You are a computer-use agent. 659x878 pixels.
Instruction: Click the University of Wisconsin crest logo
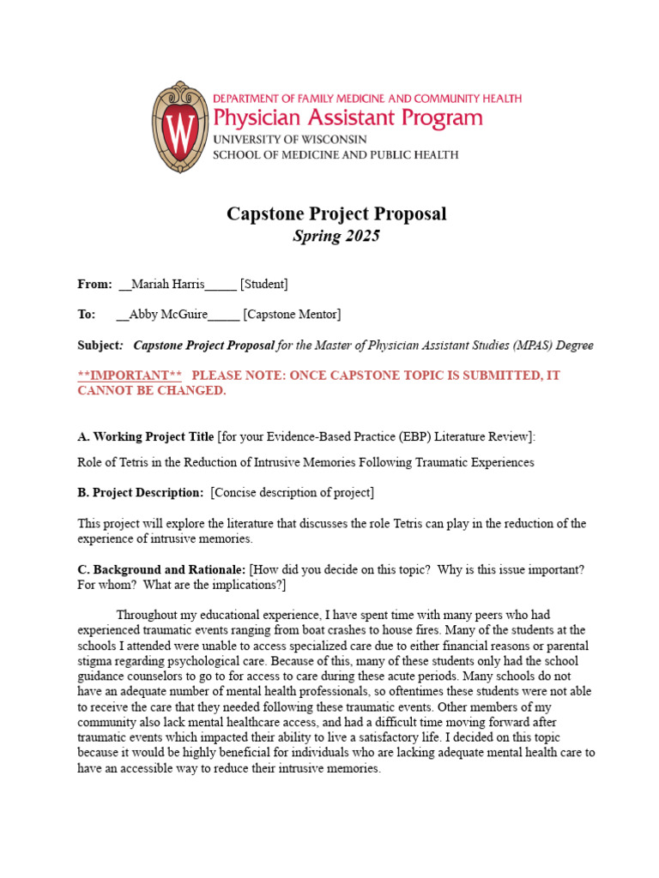click(x=180, y=128)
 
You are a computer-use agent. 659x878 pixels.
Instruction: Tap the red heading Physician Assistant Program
click(x=348, y=117)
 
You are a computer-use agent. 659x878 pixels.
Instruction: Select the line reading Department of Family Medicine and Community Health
click(x=366, y=99)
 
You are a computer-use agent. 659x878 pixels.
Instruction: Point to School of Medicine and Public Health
click(x=335, y=155)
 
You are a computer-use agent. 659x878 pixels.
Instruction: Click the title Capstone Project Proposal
click(x=336, y=213)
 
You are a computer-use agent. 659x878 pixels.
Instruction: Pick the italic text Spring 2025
click(x=336, y=236)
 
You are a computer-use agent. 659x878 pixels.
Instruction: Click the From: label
click(x=94, y=284)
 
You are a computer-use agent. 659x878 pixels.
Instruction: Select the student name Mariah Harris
click(x=168, y=284)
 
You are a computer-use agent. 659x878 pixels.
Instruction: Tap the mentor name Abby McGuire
click(x=168, y=315)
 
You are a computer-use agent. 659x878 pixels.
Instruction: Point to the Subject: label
click(x=100, y=346)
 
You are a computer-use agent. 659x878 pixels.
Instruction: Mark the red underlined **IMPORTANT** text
click(x=130, y=376)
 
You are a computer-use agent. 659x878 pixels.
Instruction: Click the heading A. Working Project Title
click(x=146, y=436)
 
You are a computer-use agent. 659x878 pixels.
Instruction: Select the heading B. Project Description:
click(x=141, y=492)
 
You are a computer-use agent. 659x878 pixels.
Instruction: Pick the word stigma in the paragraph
click(x=94, y=660)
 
